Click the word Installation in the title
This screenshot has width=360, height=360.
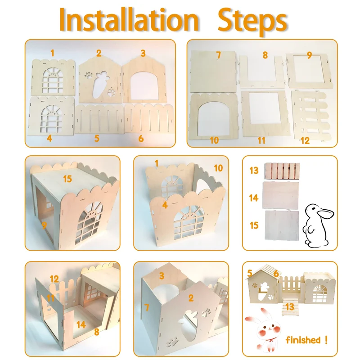pos(129,20)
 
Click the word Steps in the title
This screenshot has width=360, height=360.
pos(252,22)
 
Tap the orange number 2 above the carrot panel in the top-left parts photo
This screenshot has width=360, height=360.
pos(99,53)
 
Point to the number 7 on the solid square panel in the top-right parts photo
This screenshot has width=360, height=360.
pos(218,55)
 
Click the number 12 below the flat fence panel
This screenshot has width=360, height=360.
pos(305,140)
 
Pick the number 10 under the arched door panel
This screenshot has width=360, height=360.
pos(215,140)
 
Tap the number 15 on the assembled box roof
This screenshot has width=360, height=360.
pos(67,179)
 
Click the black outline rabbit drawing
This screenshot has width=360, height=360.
pos(318,225)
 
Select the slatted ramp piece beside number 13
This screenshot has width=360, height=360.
pos(282,171)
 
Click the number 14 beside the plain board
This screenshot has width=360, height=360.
pos(254,198)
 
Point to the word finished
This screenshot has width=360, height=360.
pos(303,340)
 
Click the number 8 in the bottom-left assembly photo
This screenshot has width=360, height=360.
pos(97,332)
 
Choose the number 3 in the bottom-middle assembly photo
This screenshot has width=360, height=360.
pos(162,276)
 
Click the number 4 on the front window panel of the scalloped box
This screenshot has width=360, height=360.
pos(165,205)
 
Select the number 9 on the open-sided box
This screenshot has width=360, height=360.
pos(44,225)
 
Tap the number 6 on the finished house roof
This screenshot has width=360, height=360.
pos(276,274)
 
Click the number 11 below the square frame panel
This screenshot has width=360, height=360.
pos(261,140)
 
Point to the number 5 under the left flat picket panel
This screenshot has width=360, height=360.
pos(97,139)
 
